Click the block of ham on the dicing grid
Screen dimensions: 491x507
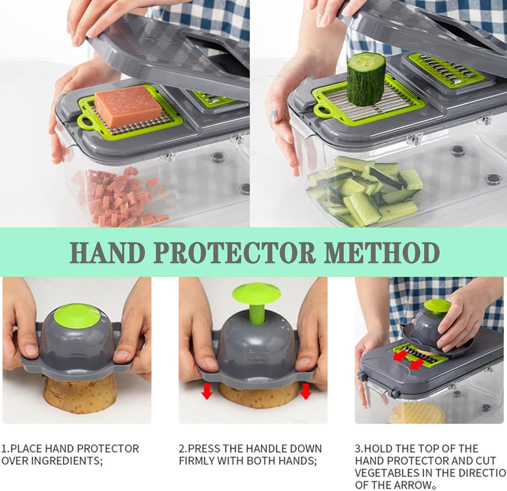click(128, 106)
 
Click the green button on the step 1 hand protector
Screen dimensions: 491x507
click(77, 315)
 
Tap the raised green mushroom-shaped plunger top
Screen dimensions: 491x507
click(257, 294)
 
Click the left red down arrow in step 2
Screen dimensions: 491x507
click(207, 391)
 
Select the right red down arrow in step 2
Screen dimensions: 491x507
click(305, 391)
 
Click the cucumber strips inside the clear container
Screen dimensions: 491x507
click(365, 190)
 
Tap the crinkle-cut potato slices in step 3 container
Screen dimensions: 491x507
click(417, 413)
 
